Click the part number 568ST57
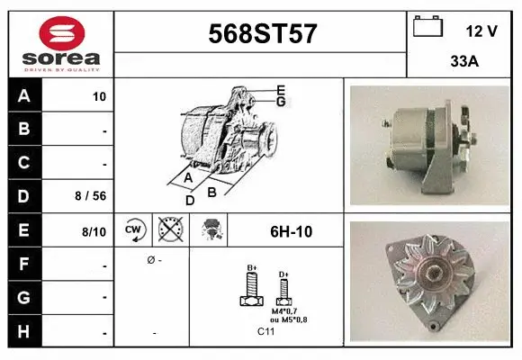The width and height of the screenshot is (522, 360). tap(262, 33)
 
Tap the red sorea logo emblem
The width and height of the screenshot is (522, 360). tap(62, 33)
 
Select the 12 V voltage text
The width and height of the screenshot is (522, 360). tap(481, 31)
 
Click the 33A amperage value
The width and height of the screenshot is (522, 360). tap(464, 61)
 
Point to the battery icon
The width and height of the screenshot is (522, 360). tap(427, 26)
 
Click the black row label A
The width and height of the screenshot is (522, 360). tap(24, 95)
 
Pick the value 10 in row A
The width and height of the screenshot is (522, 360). tap(99, 96)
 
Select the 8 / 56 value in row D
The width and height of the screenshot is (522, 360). tap(91, 196)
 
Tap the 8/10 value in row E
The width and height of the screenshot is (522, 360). tap(94, 232)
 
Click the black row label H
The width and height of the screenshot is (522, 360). tap(23, 331)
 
